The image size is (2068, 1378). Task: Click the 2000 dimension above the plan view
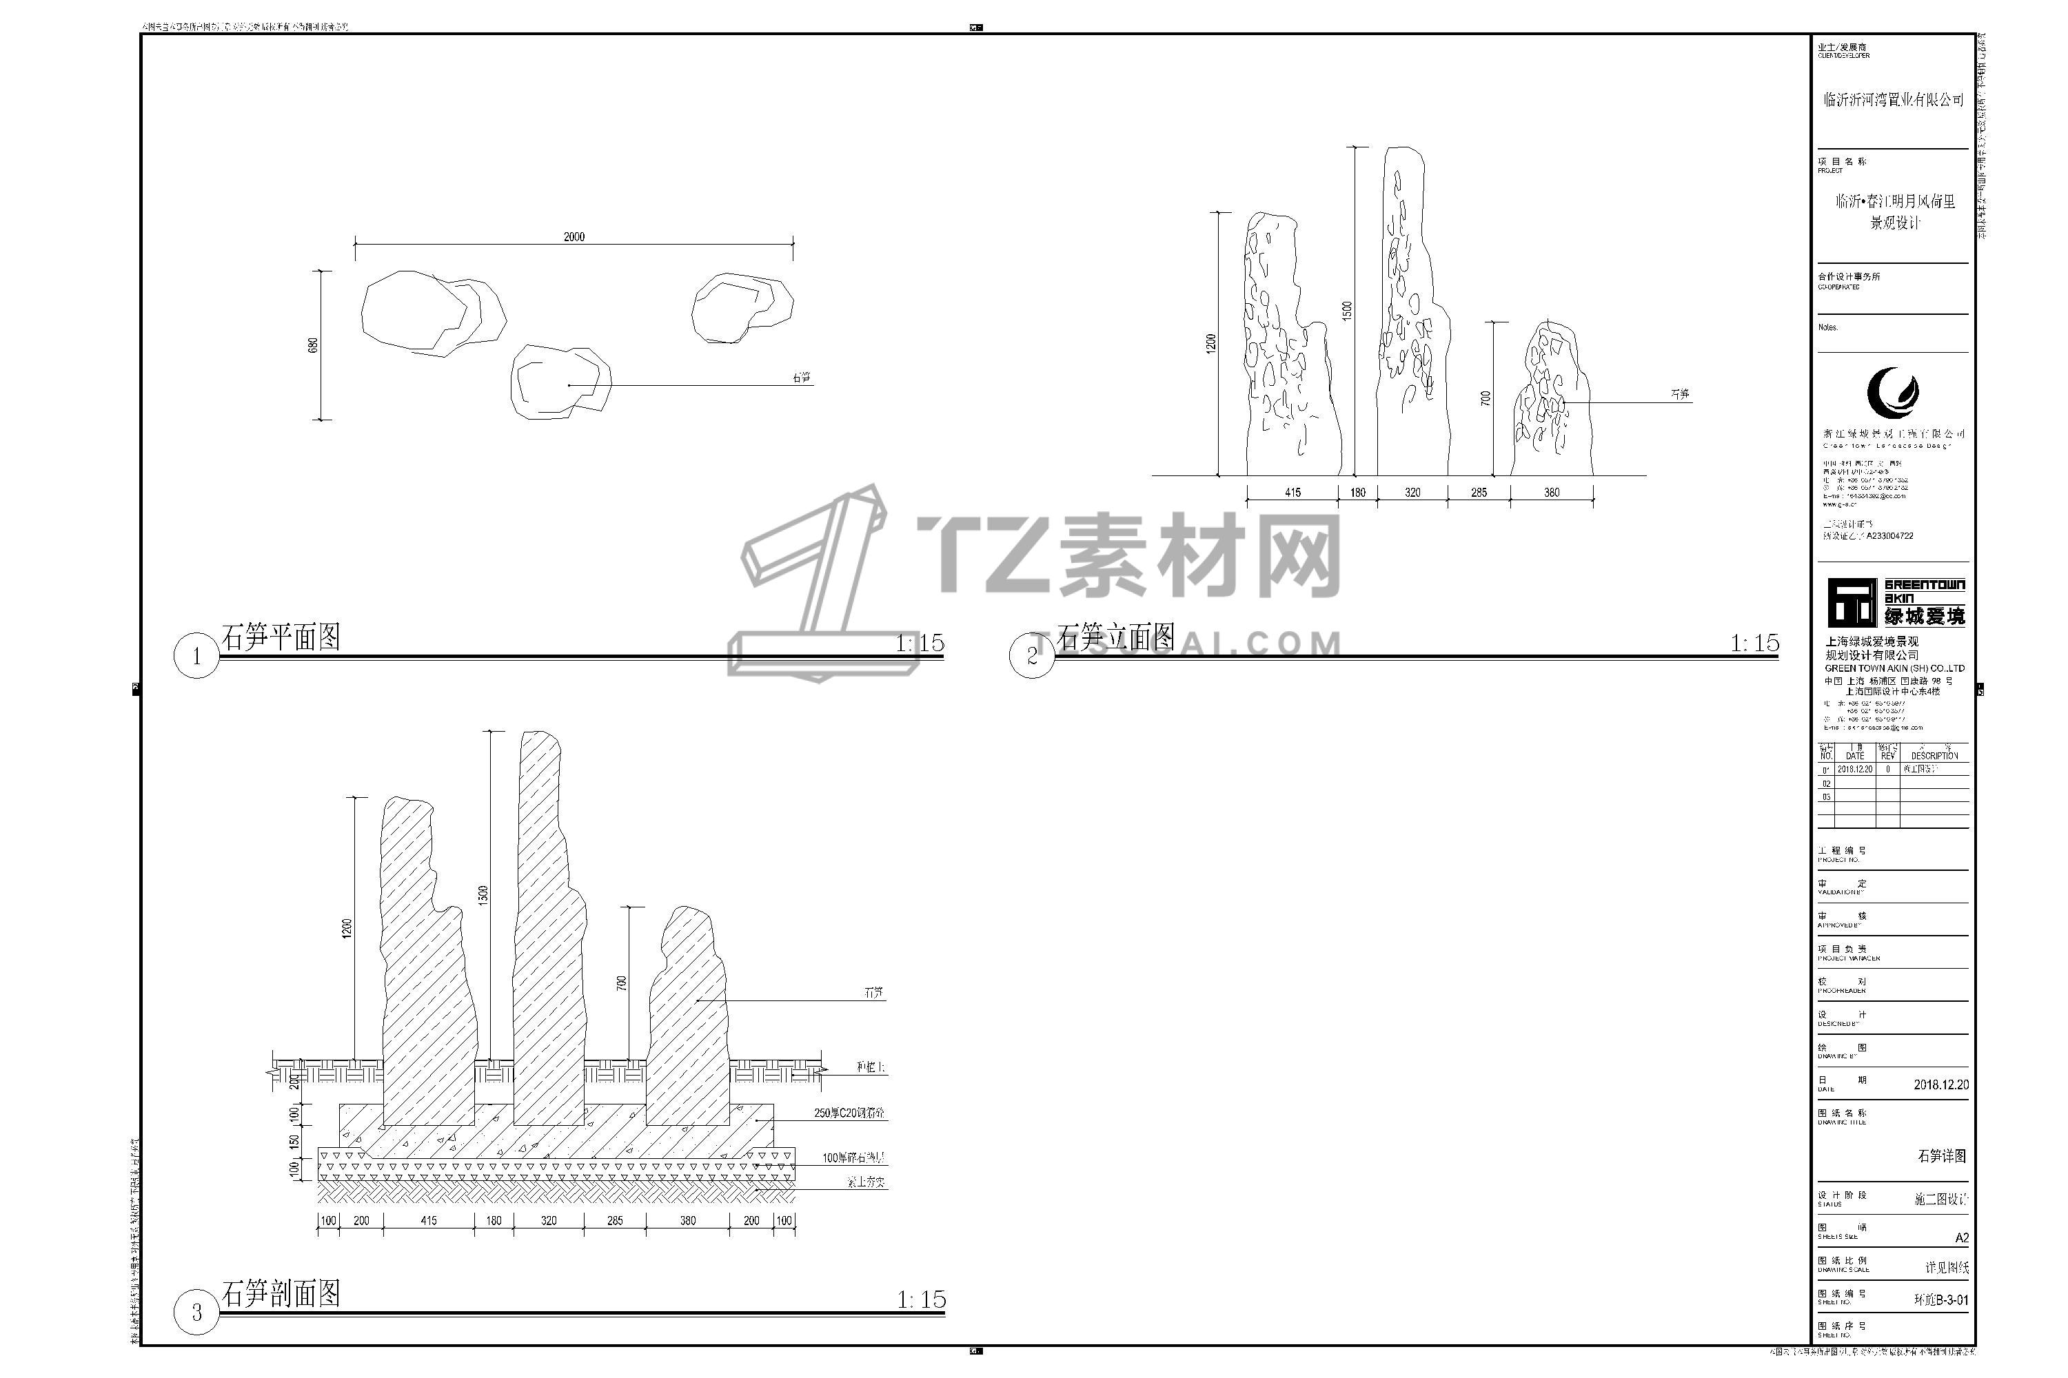point(574,236)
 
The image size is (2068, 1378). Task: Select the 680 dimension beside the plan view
point(313,344)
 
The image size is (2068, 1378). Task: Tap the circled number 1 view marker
point(196,656)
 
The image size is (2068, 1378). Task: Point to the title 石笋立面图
point(1115,637)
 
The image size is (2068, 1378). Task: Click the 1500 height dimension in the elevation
point(1347,310)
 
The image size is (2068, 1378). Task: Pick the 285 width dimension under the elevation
point(1479,492)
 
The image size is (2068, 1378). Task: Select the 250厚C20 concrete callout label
point(849,1113)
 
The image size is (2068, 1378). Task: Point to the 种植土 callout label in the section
point(871,1068)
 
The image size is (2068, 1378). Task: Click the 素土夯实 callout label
point(865,1182)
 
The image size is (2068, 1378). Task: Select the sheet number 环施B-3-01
point(1941,1299)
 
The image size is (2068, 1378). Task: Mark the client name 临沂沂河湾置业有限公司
point(1893,100)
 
